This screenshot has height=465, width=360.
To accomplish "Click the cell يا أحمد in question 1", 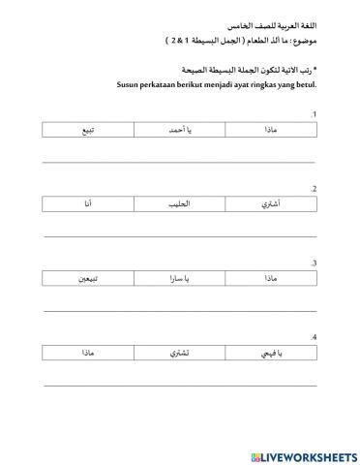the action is pos(181,129).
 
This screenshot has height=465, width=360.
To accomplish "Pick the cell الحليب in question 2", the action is pos(181,203).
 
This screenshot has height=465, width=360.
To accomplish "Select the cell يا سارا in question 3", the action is pos(181,279).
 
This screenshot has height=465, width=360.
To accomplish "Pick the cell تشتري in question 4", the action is pos(181,355).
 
